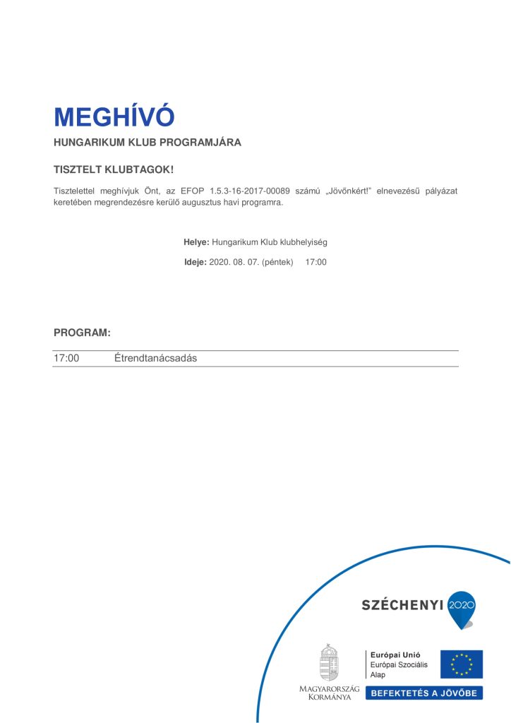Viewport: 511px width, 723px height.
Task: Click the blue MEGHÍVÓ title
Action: pos(114,116)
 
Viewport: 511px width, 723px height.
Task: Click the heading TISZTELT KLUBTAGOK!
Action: pos(114,170)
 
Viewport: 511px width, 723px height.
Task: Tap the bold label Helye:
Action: pos(196,242)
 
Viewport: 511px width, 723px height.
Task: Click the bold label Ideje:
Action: pos(195,262)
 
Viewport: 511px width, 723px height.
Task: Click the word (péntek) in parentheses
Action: pos(277,262)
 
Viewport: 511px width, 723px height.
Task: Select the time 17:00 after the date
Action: pos(315,262)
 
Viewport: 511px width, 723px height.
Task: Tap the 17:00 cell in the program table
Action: pos(66,358)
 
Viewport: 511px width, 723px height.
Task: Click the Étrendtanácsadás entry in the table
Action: pos(155,358)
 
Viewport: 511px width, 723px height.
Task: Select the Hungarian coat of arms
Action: pos(329,662)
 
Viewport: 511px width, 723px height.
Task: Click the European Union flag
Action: pos(462,664)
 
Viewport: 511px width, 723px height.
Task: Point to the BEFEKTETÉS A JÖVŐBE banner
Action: pos(423,693)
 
